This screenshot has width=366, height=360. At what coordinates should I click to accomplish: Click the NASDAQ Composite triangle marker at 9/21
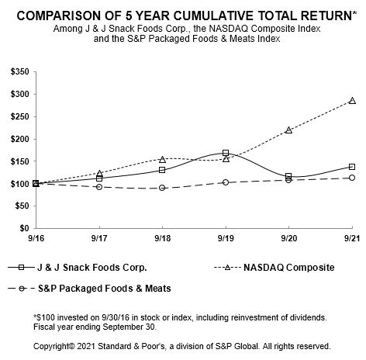tap(352, 101)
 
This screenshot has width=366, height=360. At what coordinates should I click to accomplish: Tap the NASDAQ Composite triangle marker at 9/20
tap(288, 130)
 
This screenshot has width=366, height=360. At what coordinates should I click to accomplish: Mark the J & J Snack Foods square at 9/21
tap(352, 167)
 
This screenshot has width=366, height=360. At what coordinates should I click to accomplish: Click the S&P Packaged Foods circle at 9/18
tap(162, 188)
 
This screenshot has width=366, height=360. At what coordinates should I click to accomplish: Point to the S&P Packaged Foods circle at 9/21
tap(352, 178)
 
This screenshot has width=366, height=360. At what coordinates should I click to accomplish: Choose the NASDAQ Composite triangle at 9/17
tap(99, 173)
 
